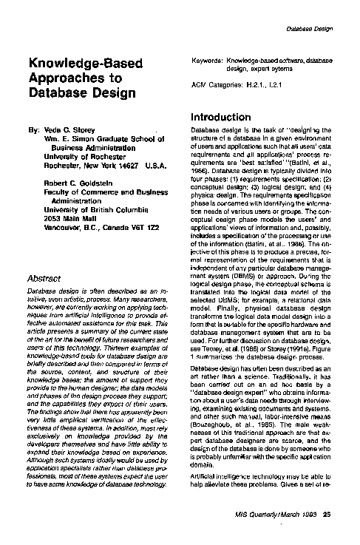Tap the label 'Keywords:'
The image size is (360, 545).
(206, 58)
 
